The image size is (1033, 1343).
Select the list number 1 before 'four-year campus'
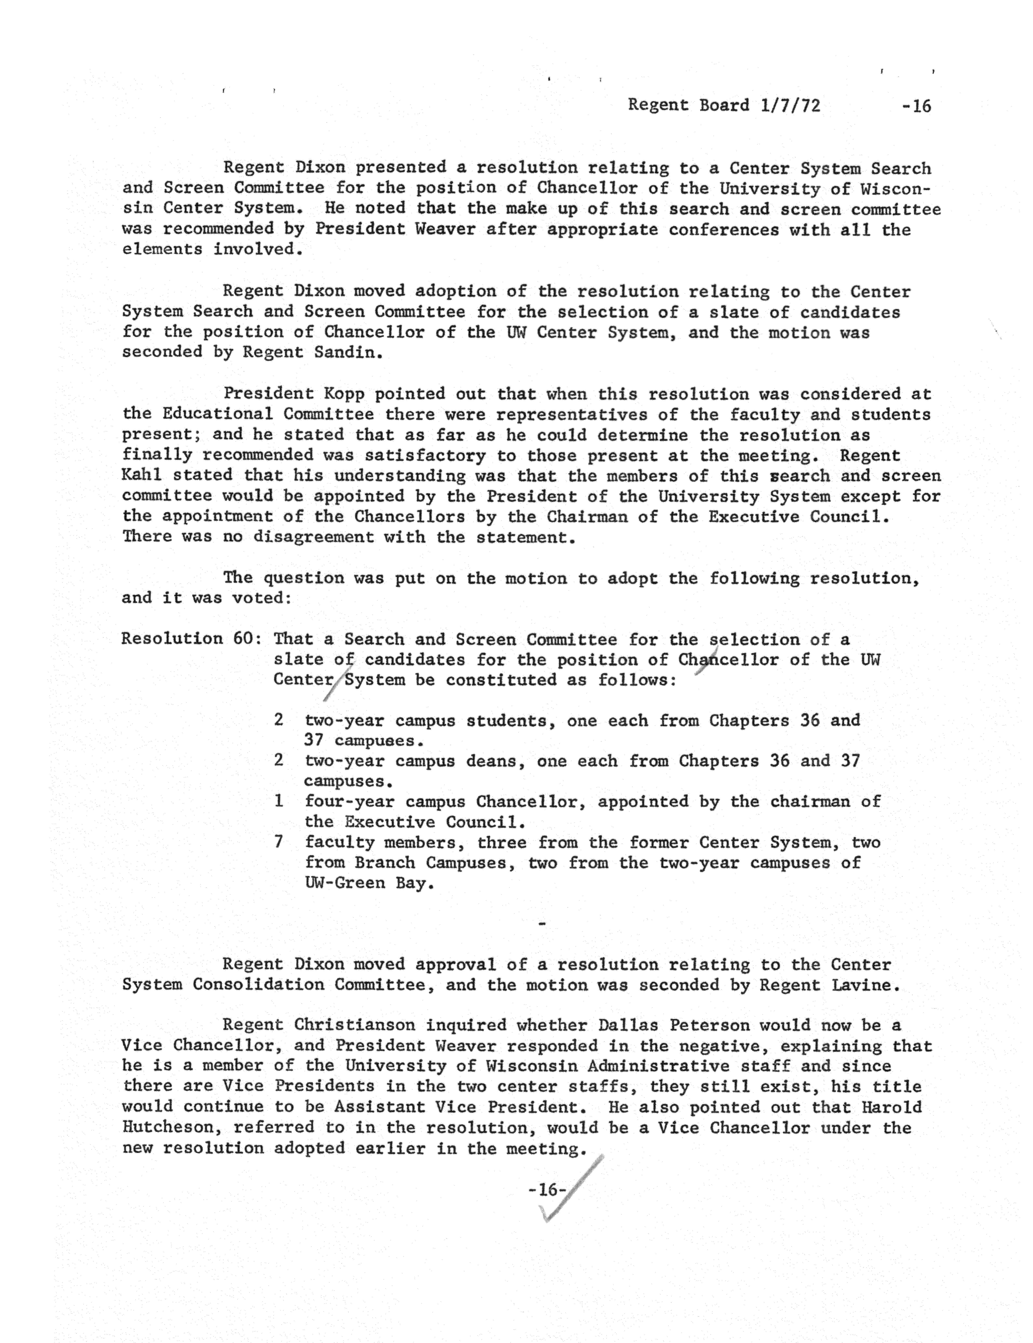tap(279, 801)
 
